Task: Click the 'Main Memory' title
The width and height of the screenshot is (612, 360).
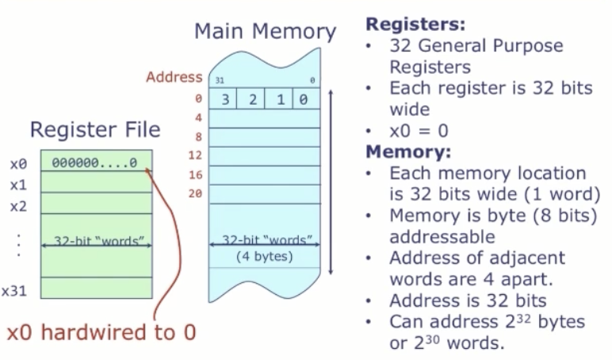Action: pos(265,32)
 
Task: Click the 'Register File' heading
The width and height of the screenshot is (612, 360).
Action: pos(94,129)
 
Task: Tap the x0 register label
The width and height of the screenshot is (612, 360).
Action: pos(18,164)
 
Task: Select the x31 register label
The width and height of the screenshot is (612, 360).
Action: pos(15,291)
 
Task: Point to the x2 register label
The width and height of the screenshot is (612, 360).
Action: pos(18,206)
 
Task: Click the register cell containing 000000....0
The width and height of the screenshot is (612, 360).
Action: pos(94,163)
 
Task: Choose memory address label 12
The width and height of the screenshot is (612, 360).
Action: pos(196,154)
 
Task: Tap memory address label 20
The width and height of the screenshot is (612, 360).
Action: pos(196,192)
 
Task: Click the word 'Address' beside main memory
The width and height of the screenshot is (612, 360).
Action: pos(174,77)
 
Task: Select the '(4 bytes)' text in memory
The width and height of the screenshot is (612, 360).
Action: pos(265,256)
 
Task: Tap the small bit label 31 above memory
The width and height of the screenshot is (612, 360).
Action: pos(220,81)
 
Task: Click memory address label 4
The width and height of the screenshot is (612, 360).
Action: pos(199,117)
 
